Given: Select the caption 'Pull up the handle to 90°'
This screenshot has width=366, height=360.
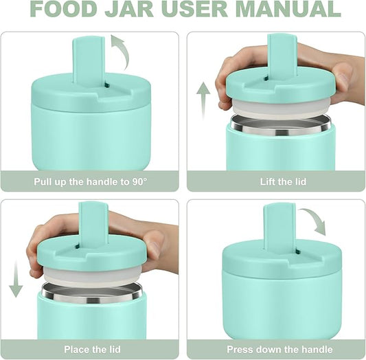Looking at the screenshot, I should (91, 182).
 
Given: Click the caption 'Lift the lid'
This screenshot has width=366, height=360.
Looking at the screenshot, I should (274, 182).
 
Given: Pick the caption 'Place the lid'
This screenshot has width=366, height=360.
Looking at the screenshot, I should (91, 350).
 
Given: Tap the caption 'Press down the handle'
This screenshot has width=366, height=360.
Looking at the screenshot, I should (274, 350).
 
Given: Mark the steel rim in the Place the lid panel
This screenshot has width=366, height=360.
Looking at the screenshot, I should (91, 291).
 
